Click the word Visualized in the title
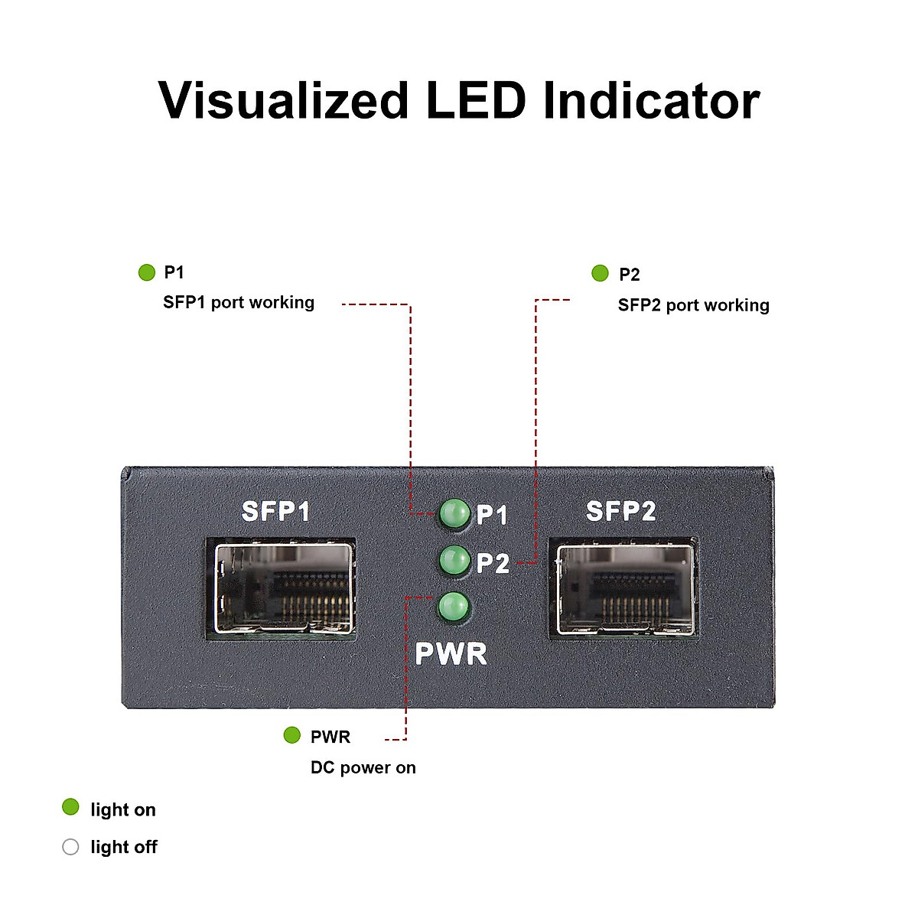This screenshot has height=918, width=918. click(283, 100)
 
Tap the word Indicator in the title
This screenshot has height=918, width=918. click(651, 100)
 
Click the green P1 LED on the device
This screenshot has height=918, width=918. click(454, 513)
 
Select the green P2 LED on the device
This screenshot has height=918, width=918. click(454, 561)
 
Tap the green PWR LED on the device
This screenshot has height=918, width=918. click(453, 607)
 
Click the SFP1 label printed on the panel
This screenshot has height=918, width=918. click(275, 511)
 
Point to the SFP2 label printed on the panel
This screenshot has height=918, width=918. click(620, 511)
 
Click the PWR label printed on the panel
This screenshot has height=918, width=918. click(451, 654)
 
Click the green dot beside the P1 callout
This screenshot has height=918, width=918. click(146, 272)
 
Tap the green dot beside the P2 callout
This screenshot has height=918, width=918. click(600, 273)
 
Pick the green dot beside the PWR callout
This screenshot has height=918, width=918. click(291, 735)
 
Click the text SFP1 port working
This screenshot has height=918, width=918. click(239, 302)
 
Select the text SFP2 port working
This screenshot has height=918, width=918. click(693, 305)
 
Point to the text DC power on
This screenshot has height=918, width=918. click(363, 767)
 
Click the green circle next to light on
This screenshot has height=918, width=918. click(70, 807)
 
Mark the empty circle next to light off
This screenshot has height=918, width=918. click(70, 847)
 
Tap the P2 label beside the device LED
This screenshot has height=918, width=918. click(493, 564)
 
